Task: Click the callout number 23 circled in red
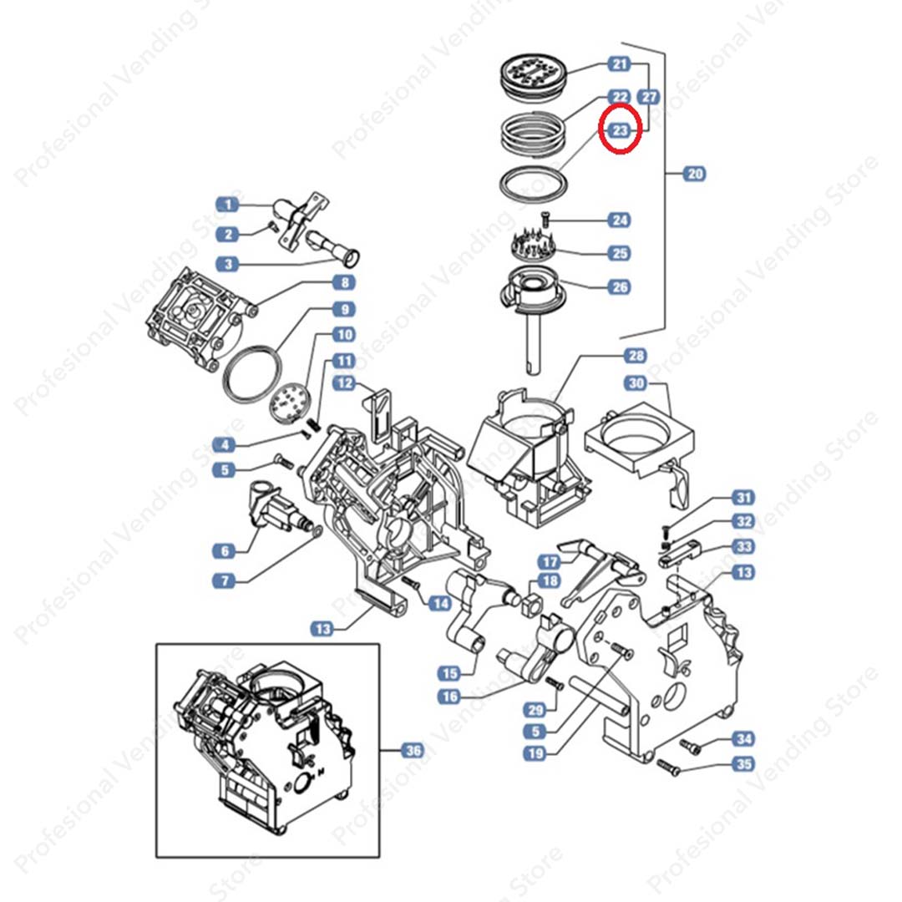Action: [x=620, y=130]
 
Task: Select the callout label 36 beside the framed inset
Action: [x=413, y=751]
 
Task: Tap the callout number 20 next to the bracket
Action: [x=695, y=174]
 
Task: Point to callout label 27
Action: [x=650, y=98]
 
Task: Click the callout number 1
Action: [x=227, y=204]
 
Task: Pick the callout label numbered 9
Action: [x=343, y=309]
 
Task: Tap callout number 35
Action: [x=742, y=763]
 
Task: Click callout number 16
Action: [x=452, y=697]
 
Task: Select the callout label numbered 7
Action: [x=225, y=579]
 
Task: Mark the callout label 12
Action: [x=344, y=383]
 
